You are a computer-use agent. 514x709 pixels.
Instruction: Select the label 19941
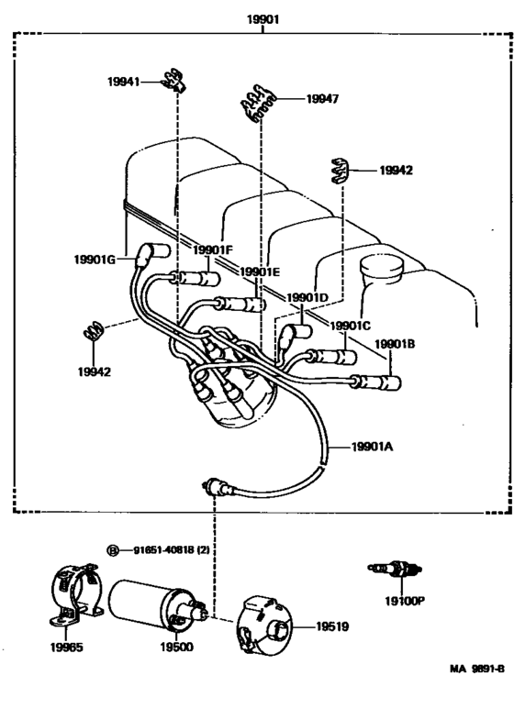pyautogui.click(x=123, y=83)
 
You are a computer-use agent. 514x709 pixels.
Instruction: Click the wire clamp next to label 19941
pyautogui.click(x=172, y=81)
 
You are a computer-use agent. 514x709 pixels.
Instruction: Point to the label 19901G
pyautogui.click(x=95, y=260)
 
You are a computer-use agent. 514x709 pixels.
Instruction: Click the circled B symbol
pyautogui.click(x=114, y=550)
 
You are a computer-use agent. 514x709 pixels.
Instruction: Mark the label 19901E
pyautogui.click(x=260, y=271)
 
